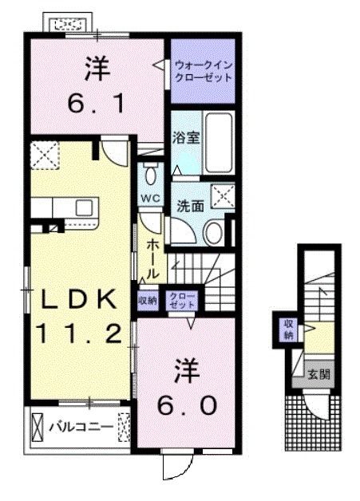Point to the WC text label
[149, 197]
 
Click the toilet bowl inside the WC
[150, 175]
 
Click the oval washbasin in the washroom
[214, 232]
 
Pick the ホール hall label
[152, 255]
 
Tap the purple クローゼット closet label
[184, 300]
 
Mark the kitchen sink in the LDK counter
[85, 207]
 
